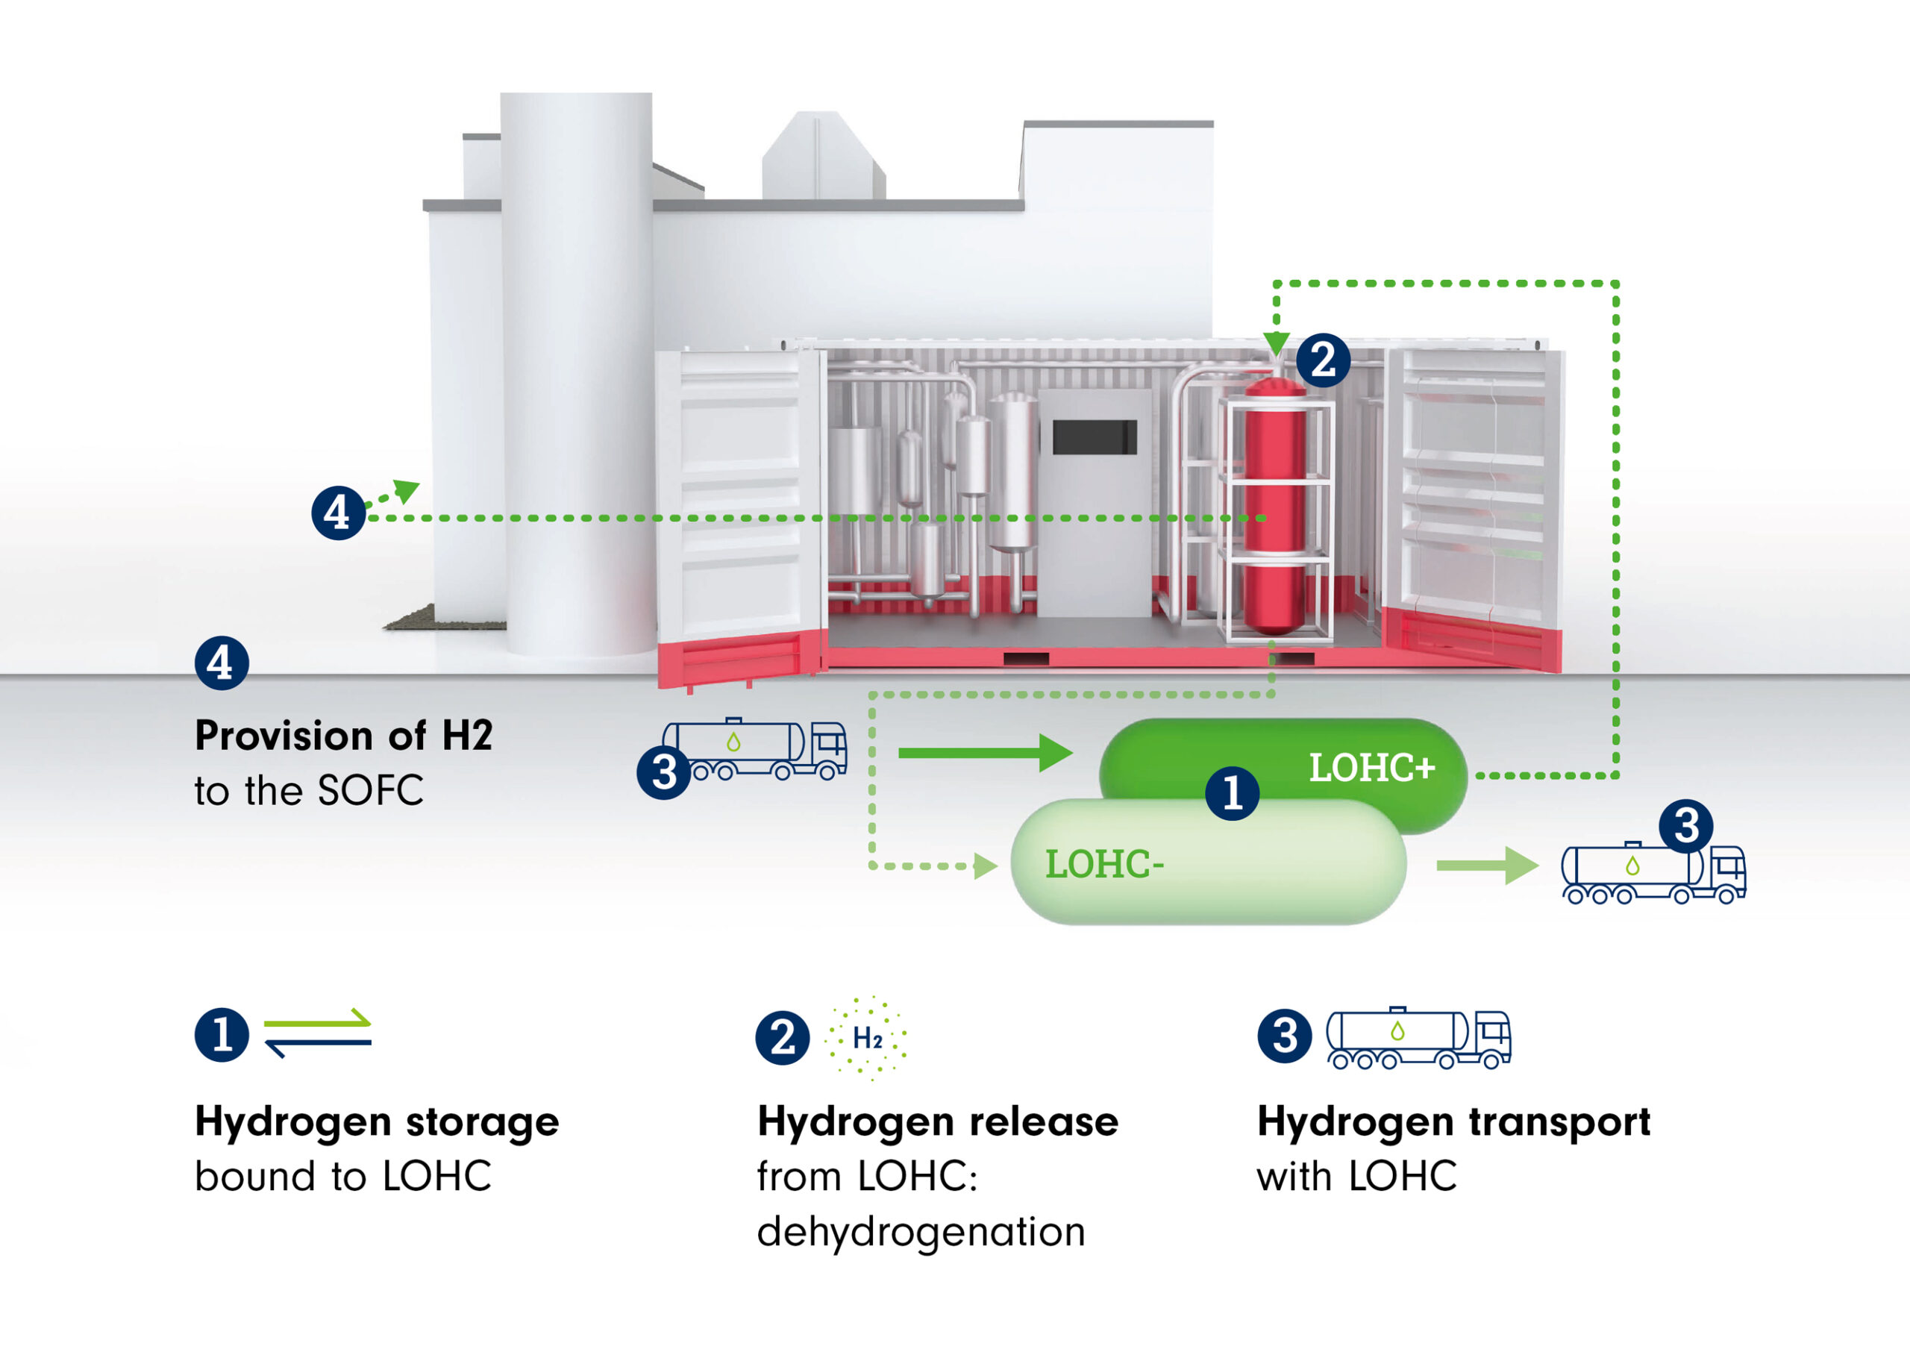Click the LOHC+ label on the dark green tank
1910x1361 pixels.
(1371, 767)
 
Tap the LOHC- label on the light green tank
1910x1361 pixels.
(1104, 864)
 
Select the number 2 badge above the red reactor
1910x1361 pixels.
(1323, 360)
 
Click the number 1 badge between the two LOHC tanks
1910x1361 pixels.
(1232, 792)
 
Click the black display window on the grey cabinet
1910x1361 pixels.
(1094, 437)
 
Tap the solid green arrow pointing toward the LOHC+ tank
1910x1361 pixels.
(984, 753)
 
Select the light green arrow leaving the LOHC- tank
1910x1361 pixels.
(1487, 865)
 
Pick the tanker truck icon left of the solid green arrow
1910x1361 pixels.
(758, 749)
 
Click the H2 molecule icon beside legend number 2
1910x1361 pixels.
(867, 1039)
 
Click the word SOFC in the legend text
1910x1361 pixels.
(370, 790)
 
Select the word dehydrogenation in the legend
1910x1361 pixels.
(921, 1232)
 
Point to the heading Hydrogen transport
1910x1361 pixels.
(1453, 1121)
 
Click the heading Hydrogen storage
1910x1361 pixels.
(376, 1121)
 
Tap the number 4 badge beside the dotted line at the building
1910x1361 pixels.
(337, 512)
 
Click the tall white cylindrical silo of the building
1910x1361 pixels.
(576, 369)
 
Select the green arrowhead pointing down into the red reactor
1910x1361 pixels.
(1276, 342)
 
